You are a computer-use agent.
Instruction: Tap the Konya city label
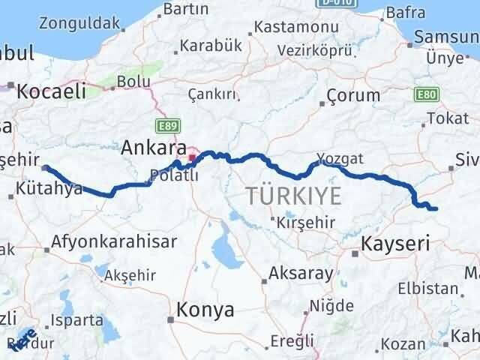[x=205, y=310]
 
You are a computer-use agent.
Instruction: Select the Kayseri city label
[x=395, y=243]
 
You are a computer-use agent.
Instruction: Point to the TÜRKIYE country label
[x=293, y=196]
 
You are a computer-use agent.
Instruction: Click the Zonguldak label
[x=82, y=22]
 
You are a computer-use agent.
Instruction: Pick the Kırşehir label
[x=304, y=223]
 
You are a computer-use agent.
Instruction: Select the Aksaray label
[x=300, y=273]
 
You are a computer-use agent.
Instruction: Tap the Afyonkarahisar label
[x=114, y=241]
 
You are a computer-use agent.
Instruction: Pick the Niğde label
[x=325, y=307]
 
